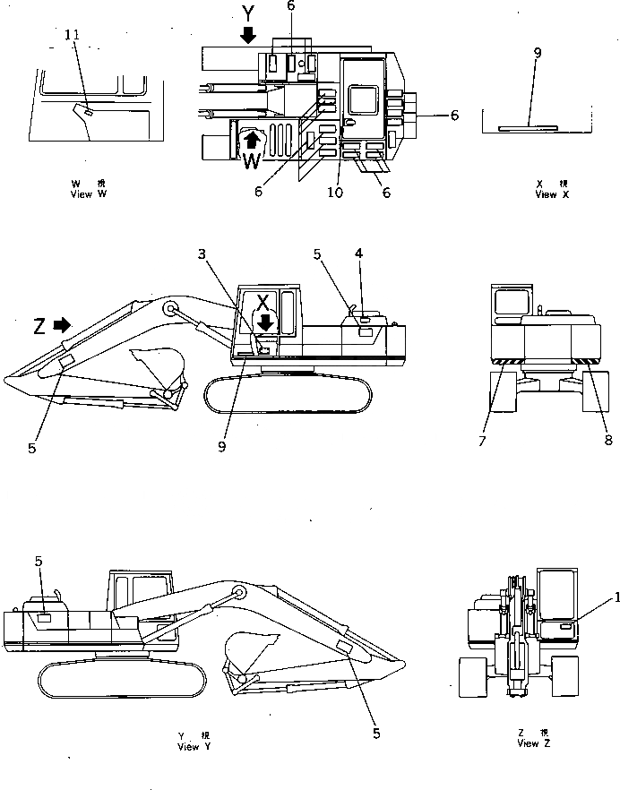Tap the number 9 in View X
pos(537,54)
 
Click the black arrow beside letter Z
pos(62,325)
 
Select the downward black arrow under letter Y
pos(248,35)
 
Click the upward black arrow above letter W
pos(254,140)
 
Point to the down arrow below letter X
pos(265,322)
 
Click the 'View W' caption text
pos(88,194)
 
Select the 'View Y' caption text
pos(194,747)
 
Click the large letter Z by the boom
pos(39,326)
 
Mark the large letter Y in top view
pos(248,13)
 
